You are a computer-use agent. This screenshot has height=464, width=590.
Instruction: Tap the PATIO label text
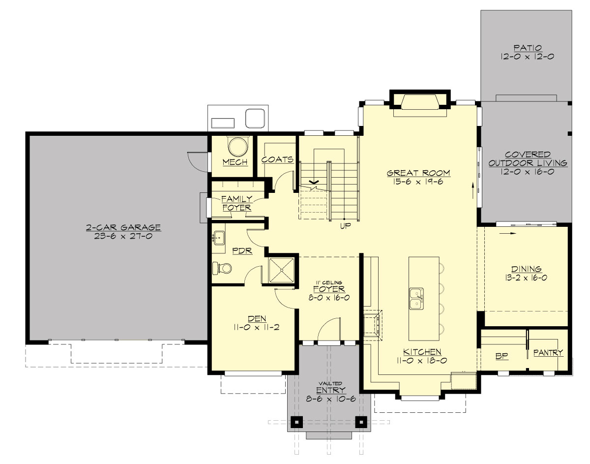point(528,48)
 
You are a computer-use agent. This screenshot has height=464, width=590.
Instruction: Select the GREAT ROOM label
point(418,173)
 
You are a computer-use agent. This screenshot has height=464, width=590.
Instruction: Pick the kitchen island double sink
point(416,299)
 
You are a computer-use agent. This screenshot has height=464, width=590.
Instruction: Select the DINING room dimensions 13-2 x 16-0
point(526,278)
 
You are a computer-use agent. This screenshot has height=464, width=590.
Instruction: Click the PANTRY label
point(548,353)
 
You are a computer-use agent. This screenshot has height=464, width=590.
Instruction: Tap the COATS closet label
point(277,160)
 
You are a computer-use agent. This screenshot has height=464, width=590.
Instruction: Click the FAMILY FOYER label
point(236,203)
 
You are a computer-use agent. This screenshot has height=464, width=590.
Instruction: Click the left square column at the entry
point(296,422)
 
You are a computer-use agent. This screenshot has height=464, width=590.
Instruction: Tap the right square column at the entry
point(361,422)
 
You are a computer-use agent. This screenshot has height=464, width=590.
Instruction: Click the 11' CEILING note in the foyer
point(329,282)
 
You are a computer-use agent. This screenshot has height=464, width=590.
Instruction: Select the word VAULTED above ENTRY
point(330,383)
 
